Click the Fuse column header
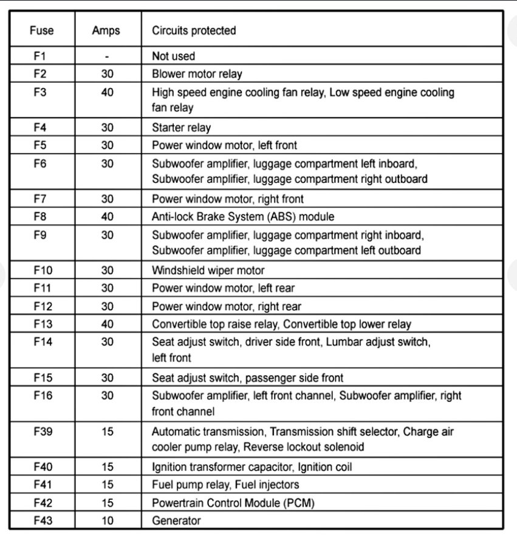click(41, 30)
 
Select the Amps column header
click(106, 30)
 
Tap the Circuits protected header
click(194, 30)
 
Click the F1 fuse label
click(40, 56)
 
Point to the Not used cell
click(174, 56)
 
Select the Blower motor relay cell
click(197, 74)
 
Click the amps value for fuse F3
click(107, 93)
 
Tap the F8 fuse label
click(40, 217)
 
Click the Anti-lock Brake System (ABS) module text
click(243, 217)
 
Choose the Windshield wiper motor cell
click(208, 271)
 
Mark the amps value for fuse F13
click(107, 324)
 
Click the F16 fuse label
click(43, 396)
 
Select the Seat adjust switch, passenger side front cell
click(247, 378)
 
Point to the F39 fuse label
click(43, 432)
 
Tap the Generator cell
click(176, 520)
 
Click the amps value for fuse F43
click(107, 520)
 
